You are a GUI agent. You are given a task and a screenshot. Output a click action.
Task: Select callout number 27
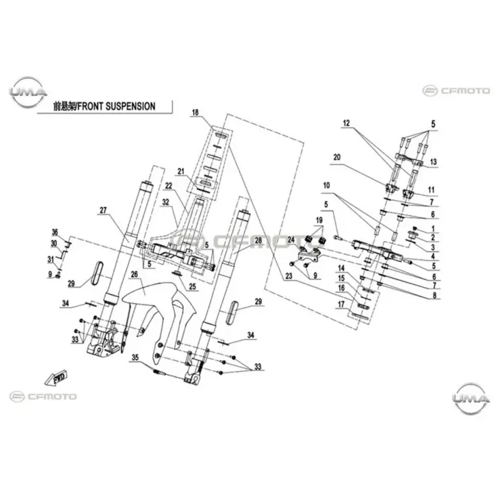click(x=104, y=211)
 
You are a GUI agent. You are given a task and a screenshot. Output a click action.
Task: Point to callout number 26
click(x=134, y=274)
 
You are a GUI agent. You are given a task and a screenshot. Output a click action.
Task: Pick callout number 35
click(x=135, y=357)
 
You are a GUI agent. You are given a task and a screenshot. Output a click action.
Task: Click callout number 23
click(x=289, y=275)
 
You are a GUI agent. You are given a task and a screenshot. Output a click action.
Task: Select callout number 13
click(x=433, y=162)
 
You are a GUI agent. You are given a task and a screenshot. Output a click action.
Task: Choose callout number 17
click(x=342, y=303)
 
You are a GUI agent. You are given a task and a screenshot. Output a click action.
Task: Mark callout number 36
click(x=55, y=231)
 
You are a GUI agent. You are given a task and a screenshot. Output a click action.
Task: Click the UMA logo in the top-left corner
click(x=28, y=91)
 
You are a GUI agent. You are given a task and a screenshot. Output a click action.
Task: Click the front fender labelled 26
click(x=152, y=305)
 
